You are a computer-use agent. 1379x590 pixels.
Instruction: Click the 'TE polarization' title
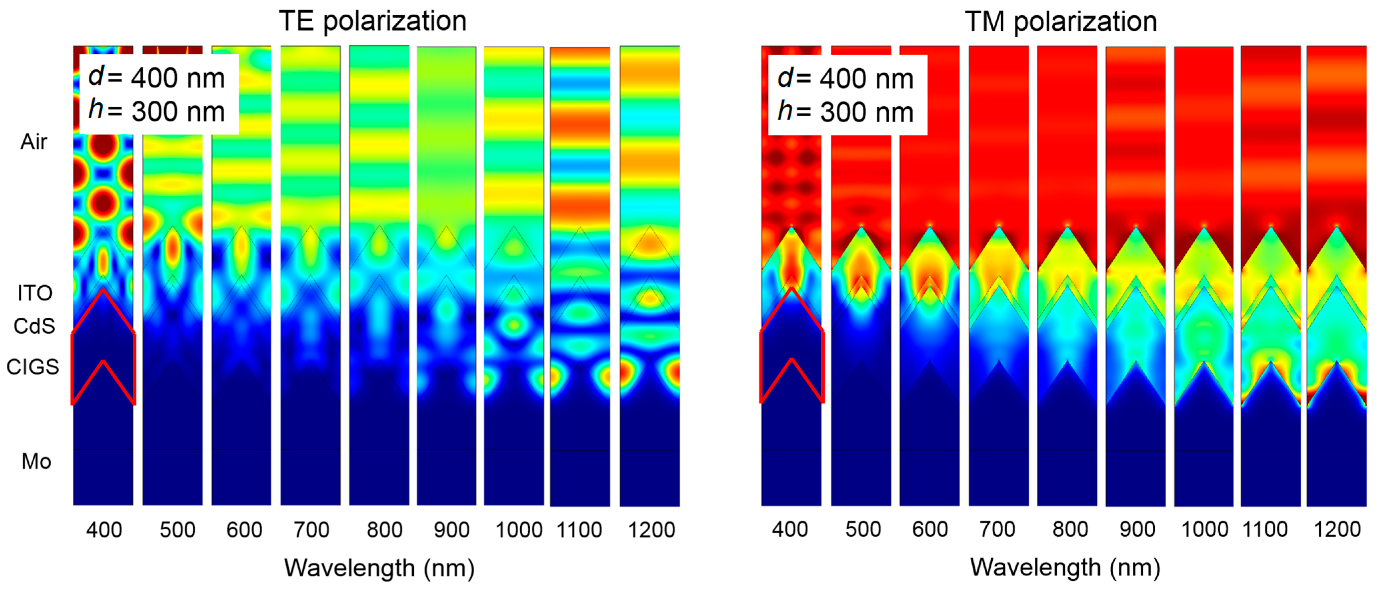click(373, 21)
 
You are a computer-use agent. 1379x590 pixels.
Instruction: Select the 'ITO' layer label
click(35, 293)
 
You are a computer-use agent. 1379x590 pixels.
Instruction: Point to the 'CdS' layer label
click(34, 326)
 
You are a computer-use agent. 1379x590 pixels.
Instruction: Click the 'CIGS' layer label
click(33, 367)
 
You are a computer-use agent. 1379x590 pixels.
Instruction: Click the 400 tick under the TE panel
click(104, 530)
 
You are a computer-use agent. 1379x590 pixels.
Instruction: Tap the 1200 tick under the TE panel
click(651, 530)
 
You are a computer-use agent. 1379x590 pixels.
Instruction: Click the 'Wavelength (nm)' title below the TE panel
click(379, 568)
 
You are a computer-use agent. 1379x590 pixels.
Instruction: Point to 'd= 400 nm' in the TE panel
click(156, 78)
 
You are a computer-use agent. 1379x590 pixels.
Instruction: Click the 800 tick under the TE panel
click(384, 530)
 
